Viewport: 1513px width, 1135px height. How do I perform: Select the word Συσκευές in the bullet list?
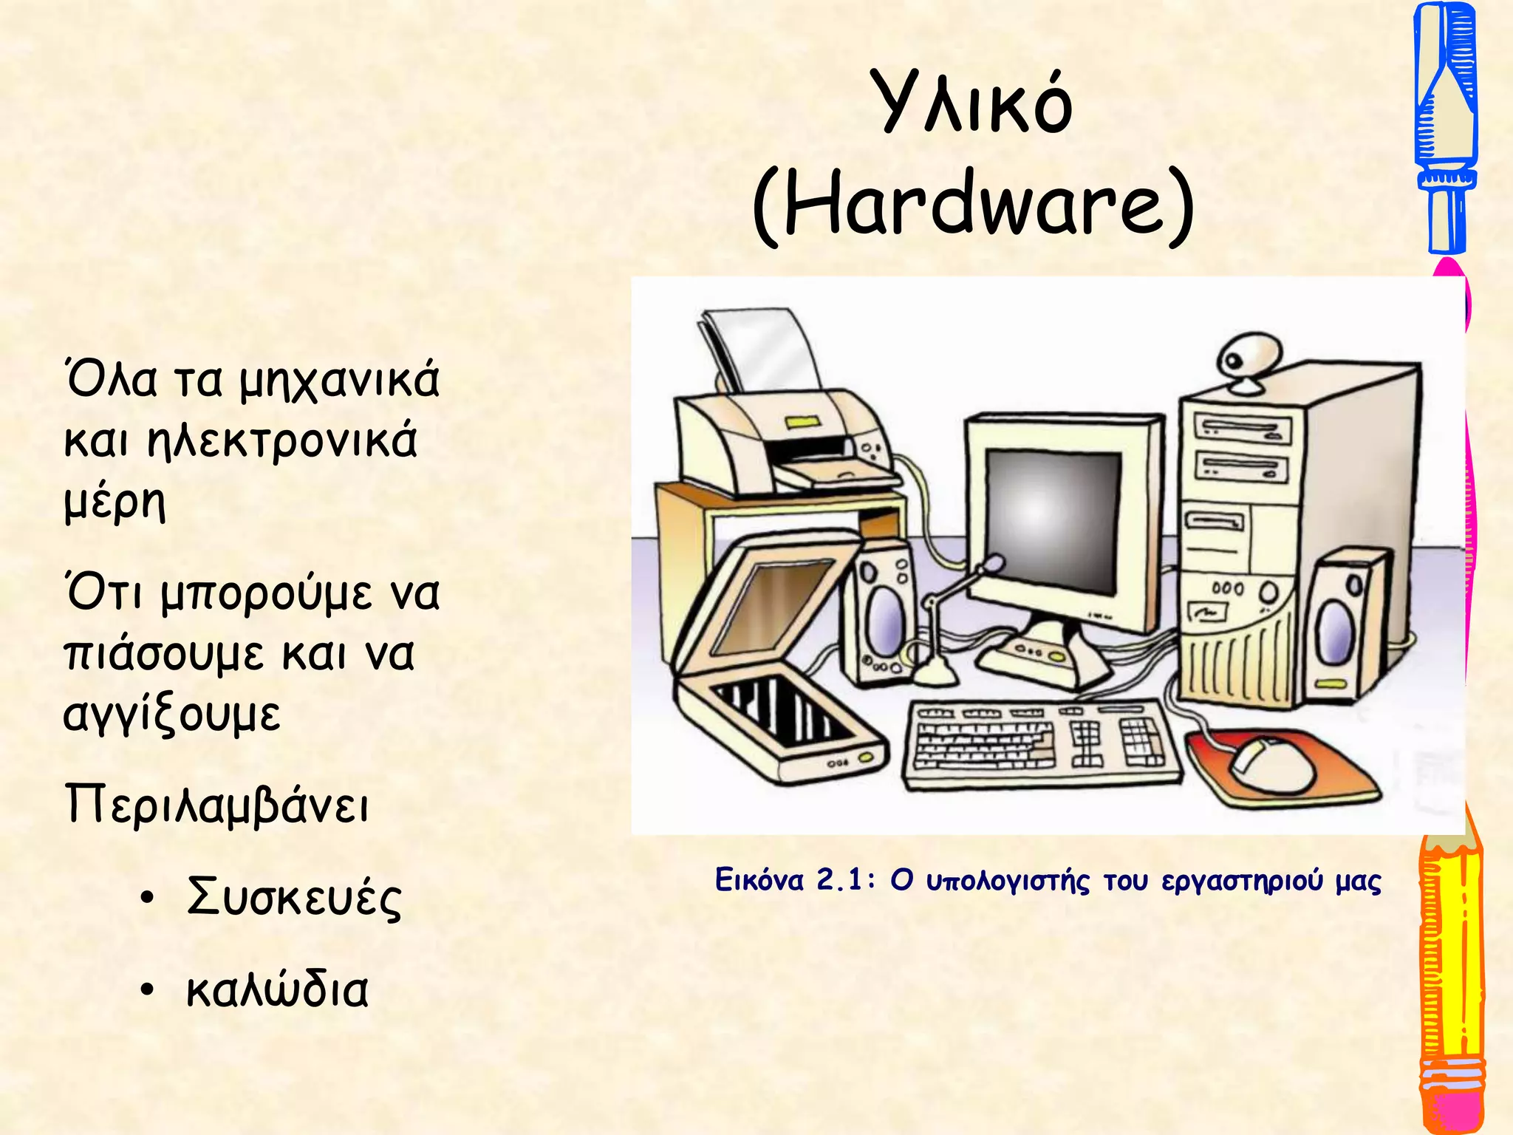click(294, 897)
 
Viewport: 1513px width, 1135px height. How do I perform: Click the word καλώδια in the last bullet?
click(277, 989)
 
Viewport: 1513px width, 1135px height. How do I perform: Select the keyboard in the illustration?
click(1042, 743)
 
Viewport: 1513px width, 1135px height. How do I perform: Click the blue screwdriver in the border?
click(1444, 126)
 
